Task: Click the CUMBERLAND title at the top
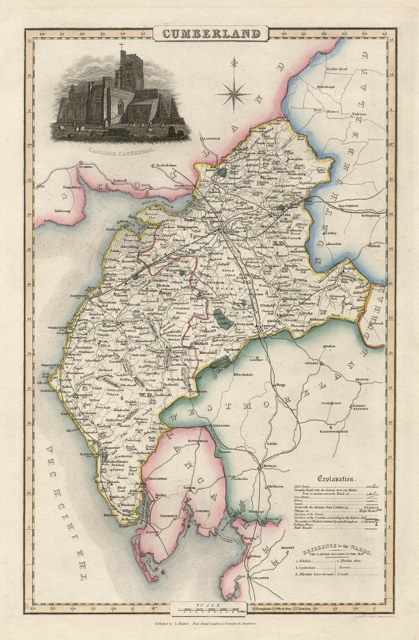pyautogui.click(x=210, y=34)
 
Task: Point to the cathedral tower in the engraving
pyautogui.click(x=131, y=71)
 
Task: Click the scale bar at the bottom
pyautogui.click(x=209, y=606)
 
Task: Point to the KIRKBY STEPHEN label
pyautogui.click(x=360, y=406)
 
